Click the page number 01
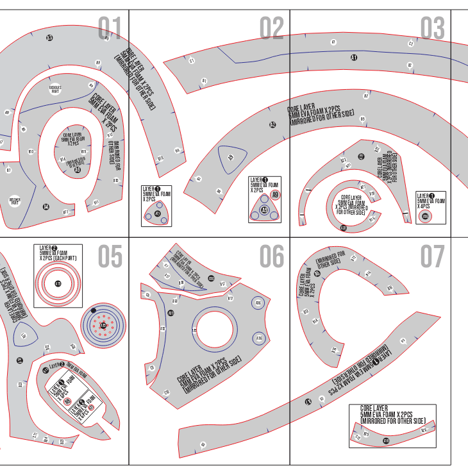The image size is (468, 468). coord(110,29)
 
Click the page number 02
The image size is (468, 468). coord(271,29)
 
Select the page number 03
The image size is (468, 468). coord(433,29)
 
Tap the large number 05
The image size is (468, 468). coord(110,257)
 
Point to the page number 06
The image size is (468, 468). coord(271,257)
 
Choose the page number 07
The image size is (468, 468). coord(433,257)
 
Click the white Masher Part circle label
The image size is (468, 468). coord(14,201)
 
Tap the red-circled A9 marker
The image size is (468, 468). coord(275,194)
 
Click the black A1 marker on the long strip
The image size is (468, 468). coord(353,58)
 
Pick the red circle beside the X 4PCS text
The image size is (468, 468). coord(425,217)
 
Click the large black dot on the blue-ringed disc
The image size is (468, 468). coord(94,310)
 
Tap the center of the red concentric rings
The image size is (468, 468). coord(58,283)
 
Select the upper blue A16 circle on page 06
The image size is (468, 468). coord(258,303)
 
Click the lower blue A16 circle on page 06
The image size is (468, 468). coord(258,338)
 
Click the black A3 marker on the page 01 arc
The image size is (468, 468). coord(49,38)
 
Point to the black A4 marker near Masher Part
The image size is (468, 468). coord(46,206)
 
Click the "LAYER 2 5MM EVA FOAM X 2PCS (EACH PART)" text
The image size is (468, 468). coord(58,255)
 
